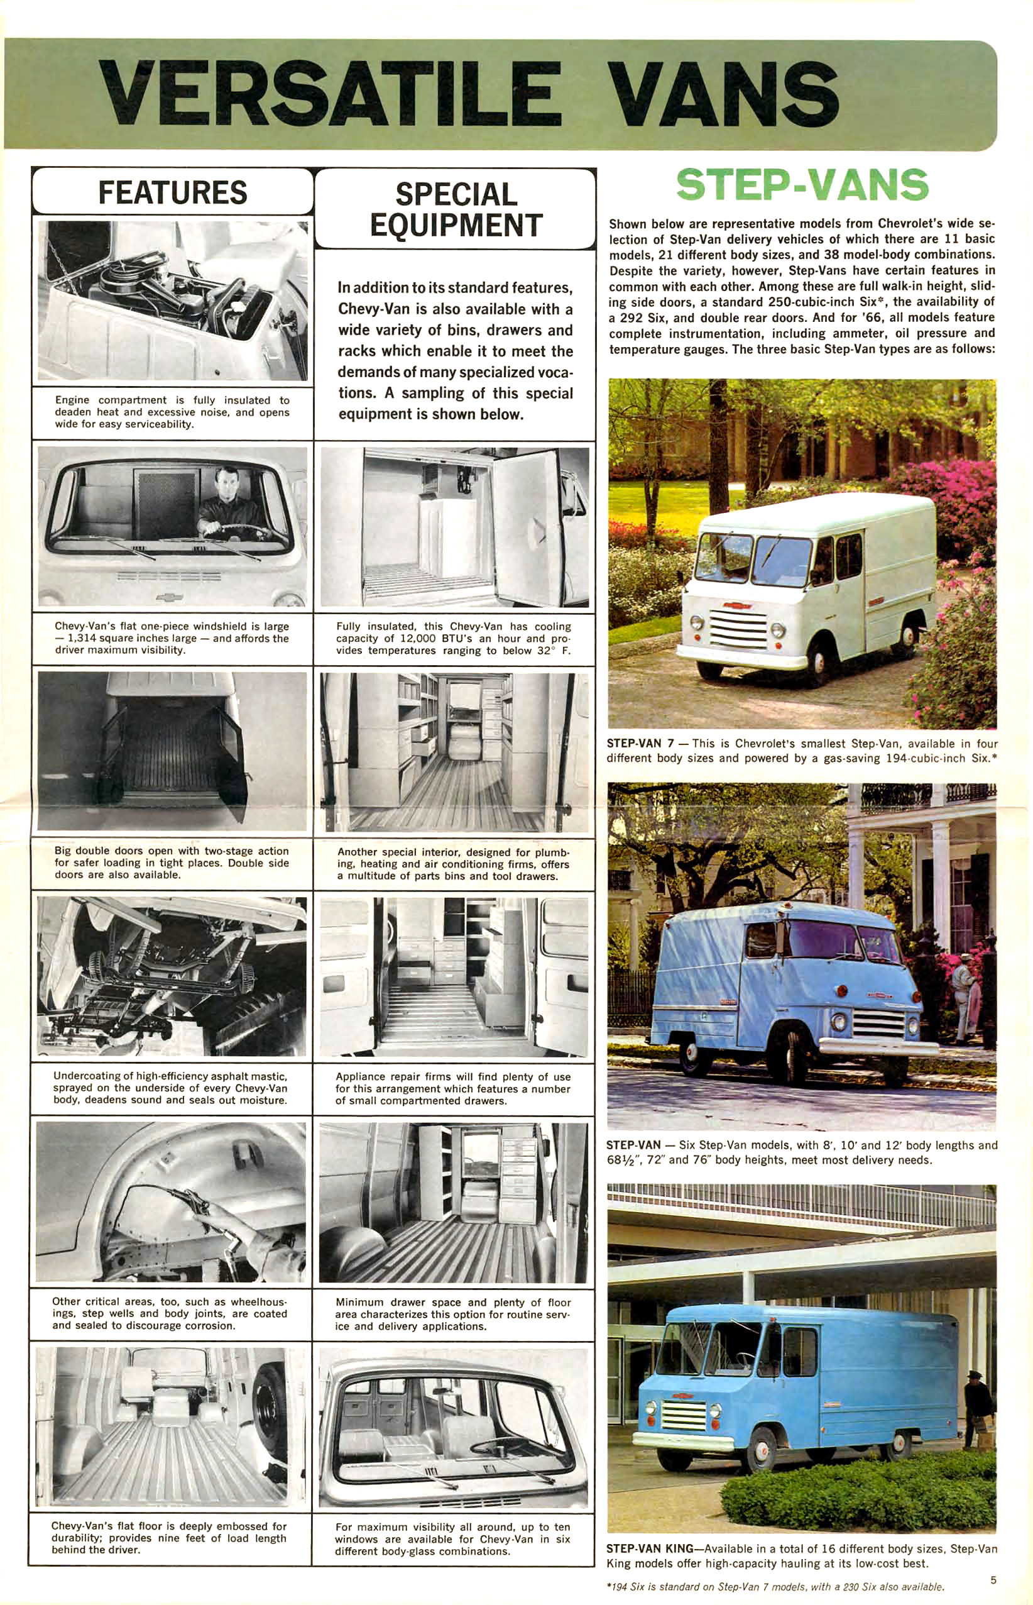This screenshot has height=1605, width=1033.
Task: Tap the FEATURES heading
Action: click(x=172, y=192)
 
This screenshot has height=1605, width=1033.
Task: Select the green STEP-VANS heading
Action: click(x=802, y=185)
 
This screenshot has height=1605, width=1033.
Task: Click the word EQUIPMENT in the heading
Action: click(x=456, y=226)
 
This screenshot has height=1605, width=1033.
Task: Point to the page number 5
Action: click(x=993, y=1579)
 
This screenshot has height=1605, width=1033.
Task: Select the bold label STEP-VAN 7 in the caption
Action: click(x=640, y=744)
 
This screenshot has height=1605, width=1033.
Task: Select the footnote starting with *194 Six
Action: click(x=774, y=1587)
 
